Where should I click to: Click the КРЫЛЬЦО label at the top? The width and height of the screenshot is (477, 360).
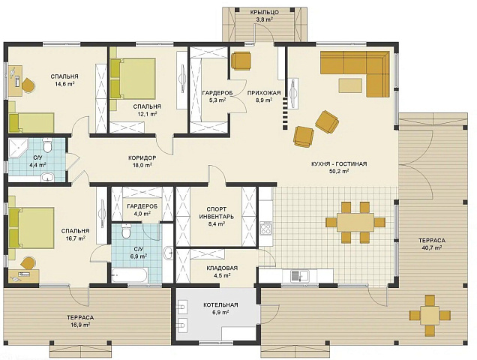[x=264, y=13]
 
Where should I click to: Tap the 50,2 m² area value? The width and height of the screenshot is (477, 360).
[x=339, y=171]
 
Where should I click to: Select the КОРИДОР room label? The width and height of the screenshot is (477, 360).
[x=142, y=158]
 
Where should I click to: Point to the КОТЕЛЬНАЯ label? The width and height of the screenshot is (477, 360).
[x=220, y=305]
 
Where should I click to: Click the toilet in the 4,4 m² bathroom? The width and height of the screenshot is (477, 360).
[x=47, y=145]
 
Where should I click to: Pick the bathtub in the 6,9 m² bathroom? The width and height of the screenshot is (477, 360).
[x=130, y=276]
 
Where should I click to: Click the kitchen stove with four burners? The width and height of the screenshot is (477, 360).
[x=266, y=228]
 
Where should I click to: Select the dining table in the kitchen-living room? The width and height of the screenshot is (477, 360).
[x=355, y=222]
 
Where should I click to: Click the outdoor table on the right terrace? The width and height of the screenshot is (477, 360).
[x=430, y=315]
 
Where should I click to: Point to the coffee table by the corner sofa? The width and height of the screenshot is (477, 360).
[x=350, y=85]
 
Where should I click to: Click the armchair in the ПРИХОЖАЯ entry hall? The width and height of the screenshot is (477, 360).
[x=241, y=61]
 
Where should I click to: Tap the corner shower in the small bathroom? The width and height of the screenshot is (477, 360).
[x=18, y=148]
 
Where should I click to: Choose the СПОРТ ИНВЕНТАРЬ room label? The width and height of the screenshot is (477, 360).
[x=216, y=213]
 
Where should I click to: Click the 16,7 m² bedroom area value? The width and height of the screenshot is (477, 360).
[x=76, y=238]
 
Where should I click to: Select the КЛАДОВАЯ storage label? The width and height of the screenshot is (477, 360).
[x=222, y=268]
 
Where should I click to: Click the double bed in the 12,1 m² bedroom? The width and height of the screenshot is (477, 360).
[x=133, y=79]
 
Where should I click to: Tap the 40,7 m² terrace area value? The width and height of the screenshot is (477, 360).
[x=432, y=247]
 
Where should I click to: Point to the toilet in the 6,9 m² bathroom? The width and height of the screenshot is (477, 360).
[x=125, y=231]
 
